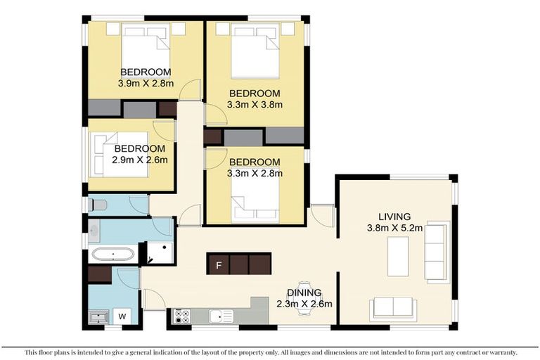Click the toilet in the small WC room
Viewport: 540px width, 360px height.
point(98,205)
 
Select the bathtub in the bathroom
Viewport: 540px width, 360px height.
point(113,254)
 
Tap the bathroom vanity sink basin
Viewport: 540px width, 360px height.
point(94,229)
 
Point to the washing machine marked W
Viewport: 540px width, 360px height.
point(122,316)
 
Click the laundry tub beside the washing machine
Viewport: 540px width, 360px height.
point(98,317)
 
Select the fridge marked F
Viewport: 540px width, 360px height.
point(219,264)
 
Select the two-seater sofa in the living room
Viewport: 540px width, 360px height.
point(393,307)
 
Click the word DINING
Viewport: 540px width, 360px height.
point(304,292)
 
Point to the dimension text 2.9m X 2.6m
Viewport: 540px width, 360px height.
point(140,160)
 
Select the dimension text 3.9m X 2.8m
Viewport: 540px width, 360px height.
point(146,83)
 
